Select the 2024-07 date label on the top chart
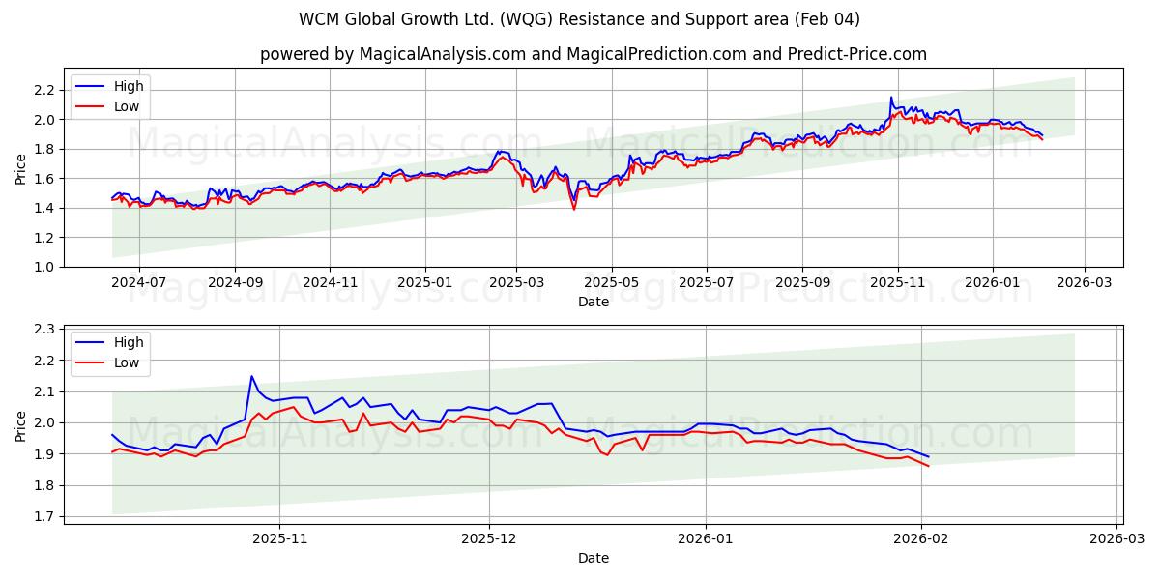pos(139,283)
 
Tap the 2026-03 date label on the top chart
pos(1084,283)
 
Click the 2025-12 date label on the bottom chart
pos(489,539)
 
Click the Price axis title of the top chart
pos(21,168)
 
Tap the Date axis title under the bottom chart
pos(594,558)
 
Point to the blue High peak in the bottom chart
pos(251,376)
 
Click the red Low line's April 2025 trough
pos(574,209)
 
